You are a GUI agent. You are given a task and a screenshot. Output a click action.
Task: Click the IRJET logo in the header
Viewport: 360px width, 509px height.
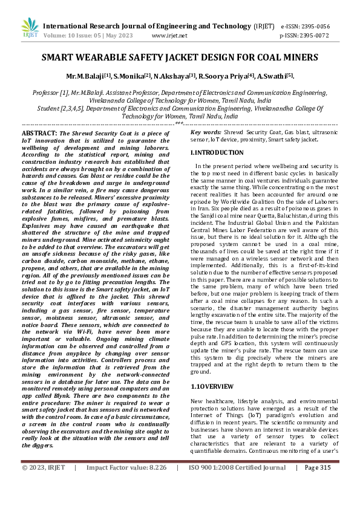(28, 28)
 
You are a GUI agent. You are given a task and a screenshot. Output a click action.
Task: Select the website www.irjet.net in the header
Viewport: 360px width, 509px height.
(169, 36)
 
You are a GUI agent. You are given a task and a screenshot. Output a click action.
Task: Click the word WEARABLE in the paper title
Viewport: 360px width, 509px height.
(109, 59)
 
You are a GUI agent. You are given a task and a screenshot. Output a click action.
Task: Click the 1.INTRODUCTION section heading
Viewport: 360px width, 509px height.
(217, 153)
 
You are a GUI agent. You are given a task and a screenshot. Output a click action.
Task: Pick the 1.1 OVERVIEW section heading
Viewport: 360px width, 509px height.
(212, 385)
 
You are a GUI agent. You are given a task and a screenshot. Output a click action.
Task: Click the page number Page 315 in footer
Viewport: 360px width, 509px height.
(318, 484)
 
